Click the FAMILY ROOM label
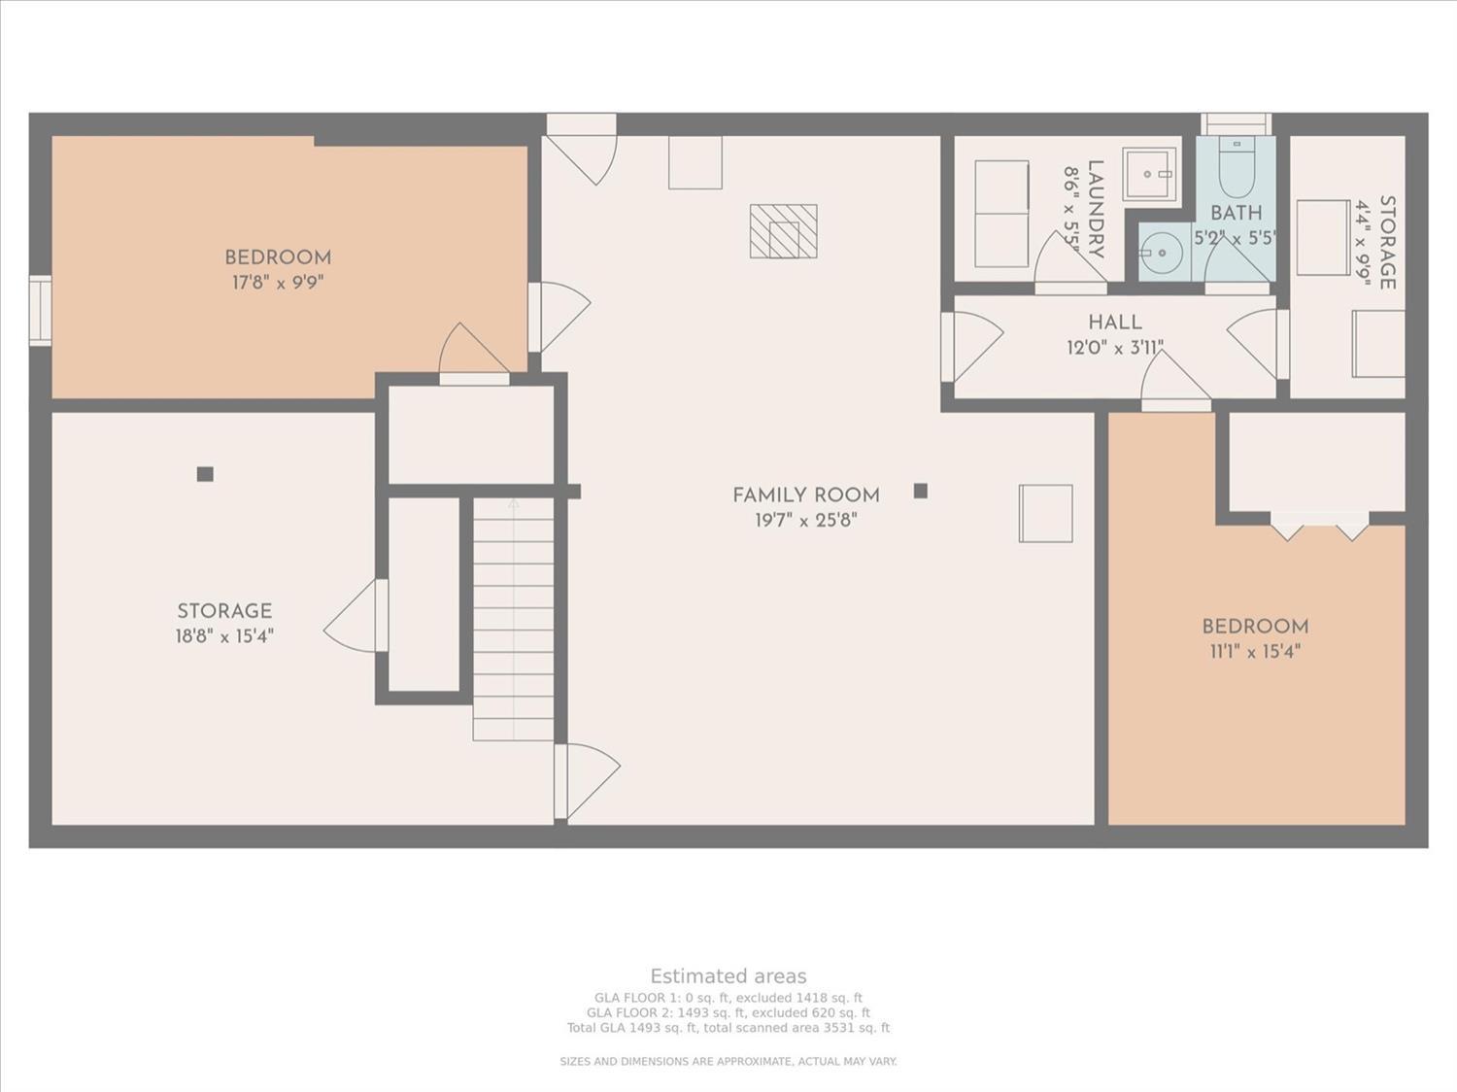[x=806, y=495]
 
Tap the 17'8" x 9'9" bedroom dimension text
[x=278, y=283]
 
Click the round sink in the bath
[x=1161, y=253]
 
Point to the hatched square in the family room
[x=783, y=231]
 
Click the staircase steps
[x=513, y=619]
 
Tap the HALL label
[x=1115, y=323]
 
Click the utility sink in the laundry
[x=1149, y=174]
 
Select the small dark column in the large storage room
[x=205, y=474]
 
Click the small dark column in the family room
[x=921, y=491]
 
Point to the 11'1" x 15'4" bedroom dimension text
[x=1255, y=652]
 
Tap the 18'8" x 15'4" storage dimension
[x=224, y=636]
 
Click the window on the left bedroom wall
[x=40, y=310]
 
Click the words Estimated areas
[x=728, y=975]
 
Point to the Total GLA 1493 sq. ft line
[x=728, y=1028]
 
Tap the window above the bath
[x=1236, y=124]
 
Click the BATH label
[x=1236, y=213]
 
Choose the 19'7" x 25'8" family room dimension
[x=806, y=521]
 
